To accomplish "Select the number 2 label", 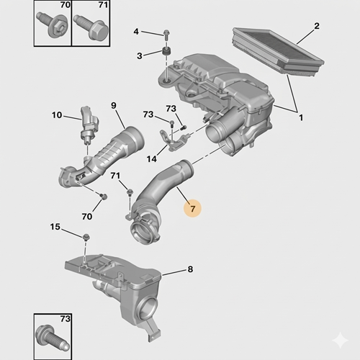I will (x=316, y=27).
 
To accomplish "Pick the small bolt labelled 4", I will (x=166, y=33).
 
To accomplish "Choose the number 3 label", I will (x=141, y=55).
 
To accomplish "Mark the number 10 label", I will (x=56, y=114).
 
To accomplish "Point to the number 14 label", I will (x=152, y=158).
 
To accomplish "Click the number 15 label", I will (x=56, y=228).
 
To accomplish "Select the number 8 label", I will (x=190, y=270).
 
